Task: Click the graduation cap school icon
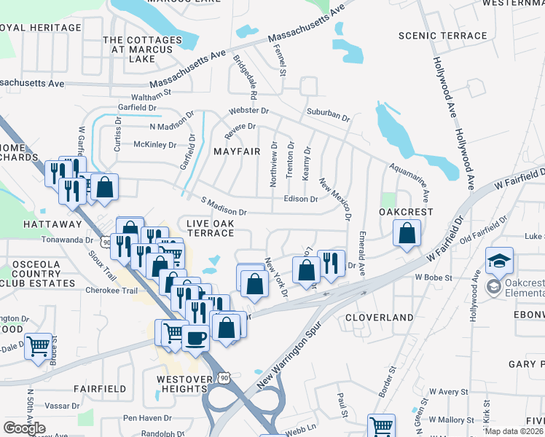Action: tap(500, 260)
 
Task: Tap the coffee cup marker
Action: tap(195, 337)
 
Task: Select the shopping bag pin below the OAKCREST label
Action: tap(407, 234)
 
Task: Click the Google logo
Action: tap(24, 428)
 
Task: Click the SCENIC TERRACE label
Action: tap(443, 36)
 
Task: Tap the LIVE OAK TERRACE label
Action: tap(211, 227)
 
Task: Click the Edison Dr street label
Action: tap(301, 199)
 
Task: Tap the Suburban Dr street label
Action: tap(328, 114)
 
